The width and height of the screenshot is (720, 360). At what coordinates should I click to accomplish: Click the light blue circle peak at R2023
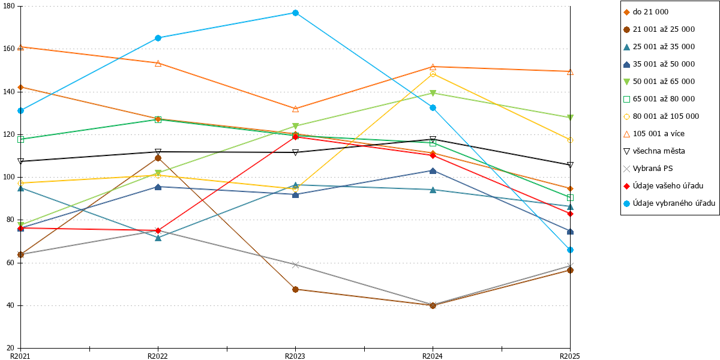295,13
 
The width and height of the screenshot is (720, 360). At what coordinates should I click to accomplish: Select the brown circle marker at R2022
158,158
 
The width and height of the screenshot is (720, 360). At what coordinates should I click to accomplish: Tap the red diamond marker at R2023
295,137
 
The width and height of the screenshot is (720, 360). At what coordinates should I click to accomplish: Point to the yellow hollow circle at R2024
433,74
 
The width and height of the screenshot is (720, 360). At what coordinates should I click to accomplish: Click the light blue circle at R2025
570,250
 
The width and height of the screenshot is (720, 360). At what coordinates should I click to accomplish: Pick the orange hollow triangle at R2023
295,109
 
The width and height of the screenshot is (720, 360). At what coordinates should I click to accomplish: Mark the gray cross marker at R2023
295,265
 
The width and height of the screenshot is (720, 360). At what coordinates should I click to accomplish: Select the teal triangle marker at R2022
158,238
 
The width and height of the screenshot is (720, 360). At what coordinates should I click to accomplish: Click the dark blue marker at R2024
433,170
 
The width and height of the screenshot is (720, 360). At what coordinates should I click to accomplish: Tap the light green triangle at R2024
433,93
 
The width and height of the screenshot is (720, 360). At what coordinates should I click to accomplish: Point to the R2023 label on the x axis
295,356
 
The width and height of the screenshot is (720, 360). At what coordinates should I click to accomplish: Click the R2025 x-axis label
570,356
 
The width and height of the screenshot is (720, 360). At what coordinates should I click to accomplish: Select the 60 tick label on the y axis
11,263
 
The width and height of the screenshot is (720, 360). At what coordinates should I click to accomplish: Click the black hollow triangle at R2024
433,139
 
